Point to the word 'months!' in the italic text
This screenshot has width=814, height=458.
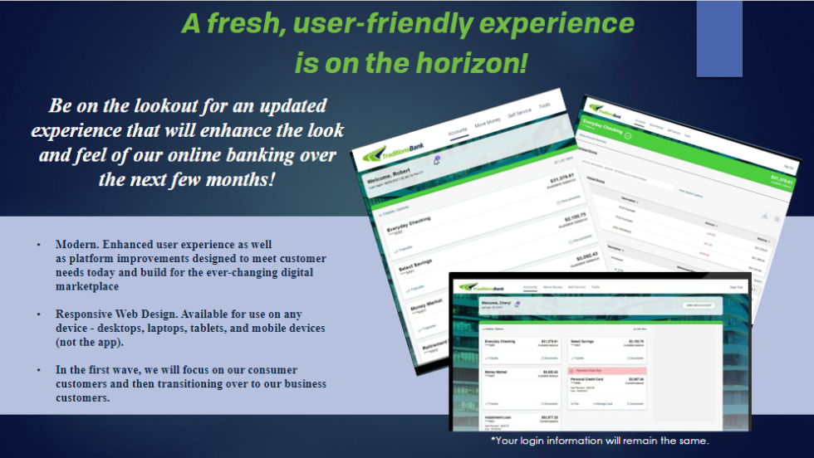pos(241,179)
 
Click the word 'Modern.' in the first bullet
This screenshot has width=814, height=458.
pos(76,246)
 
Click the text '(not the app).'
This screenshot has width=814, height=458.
pos(91,342)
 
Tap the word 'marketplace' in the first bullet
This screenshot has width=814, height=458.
pos(86,286)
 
